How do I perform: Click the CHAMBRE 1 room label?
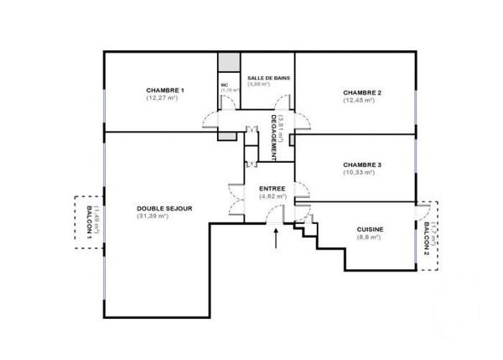164,90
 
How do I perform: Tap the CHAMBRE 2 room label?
362,92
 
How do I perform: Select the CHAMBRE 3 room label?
362,164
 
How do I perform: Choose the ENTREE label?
272,188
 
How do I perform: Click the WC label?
225,85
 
